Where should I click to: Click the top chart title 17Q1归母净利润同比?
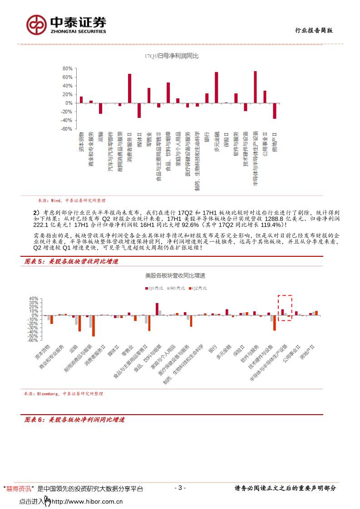pos(172,56)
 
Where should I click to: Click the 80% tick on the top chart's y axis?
pos(68,69)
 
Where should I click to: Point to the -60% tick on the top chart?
pos(67,129)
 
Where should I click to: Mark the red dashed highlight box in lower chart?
pos(285,308)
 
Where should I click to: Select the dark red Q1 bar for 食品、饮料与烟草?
pos(157,309)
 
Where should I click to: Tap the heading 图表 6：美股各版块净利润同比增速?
pos(74,420)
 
